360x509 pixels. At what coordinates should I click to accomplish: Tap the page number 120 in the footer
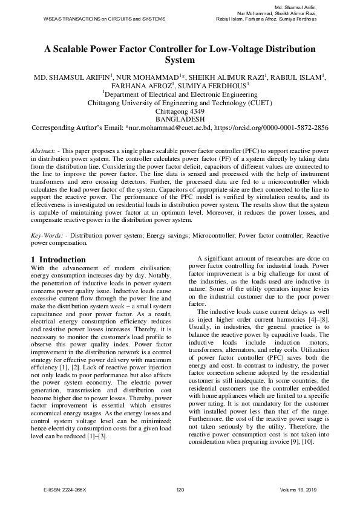tap(180, 489)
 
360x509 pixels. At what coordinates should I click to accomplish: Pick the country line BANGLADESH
tap(180, 120)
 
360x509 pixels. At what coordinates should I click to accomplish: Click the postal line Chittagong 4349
tap(180, 111)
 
